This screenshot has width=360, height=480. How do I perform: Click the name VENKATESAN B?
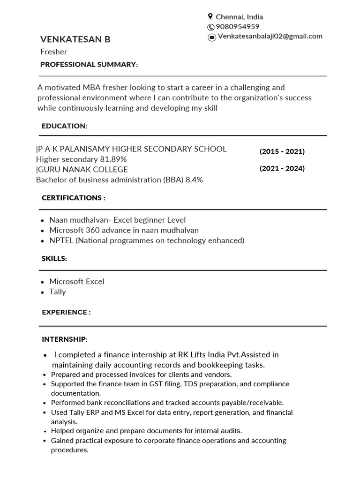click(x=75, y=39)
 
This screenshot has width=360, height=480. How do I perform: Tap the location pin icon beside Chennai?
click(x=210, y=16)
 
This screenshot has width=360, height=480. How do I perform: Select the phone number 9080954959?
click(x=238, y=27)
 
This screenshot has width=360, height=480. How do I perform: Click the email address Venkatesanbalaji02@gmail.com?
click(x=270, y=36)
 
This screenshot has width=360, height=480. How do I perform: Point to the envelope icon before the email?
click(x=212, y=37)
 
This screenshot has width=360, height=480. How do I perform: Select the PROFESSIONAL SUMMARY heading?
click(x=89, y=64)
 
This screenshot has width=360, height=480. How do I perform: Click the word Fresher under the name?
click(x=53, y=52)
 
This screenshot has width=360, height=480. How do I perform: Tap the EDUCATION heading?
click(x=64, y=126)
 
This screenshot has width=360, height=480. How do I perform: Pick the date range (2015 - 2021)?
click(x=282, y=151)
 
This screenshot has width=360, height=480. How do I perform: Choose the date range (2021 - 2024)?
click(x=282, y=168)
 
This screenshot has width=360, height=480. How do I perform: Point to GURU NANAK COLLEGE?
click(x=82, y=169)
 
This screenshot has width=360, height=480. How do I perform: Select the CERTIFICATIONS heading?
click(x=73, y=198)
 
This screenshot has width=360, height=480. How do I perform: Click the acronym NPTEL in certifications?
click(x=61, y=240)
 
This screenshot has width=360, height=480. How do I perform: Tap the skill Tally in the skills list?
click(x=58, y=292)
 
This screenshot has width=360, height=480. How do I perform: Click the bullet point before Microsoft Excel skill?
click(x=43, y=282)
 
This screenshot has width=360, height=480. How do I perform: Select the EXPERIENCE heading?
click(x=66, y=312)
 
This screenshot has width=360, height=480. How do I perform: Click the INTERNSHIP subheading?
click(x=65, y=339)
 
